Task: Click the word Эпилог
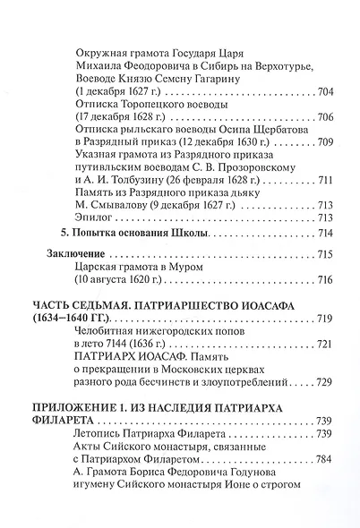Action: pos(96,217)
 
